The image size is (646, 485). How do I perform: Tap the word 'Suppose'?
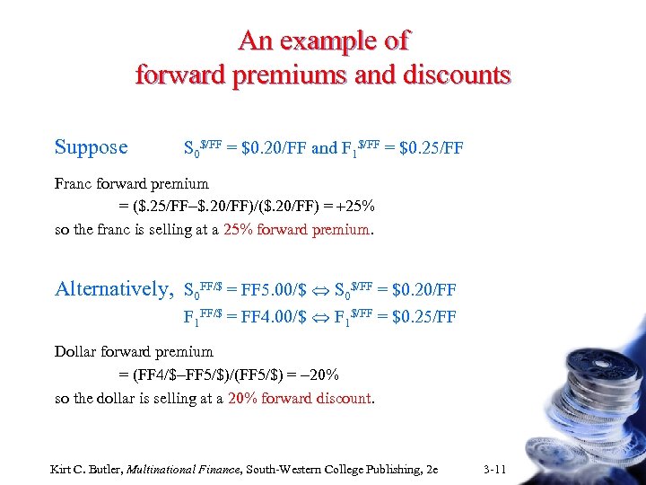(x=92, y=146)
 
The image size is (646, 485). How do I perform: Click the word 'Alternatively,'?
(x=114, y=289)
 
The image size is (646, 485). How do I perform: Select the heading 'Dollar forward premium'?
(x=134, y=352)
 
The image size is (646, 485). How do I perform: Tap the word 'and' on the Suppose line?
(x=324, y=148)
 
